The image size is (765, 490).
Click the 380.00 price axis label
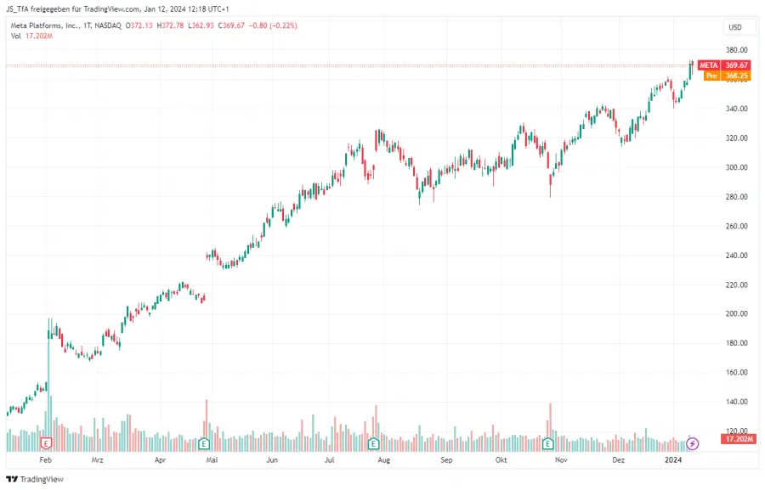coord(735,50)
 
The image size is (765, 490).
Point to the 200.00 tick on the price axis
coord(735,313)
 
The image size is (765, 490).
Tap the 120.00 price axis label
coord(735,431)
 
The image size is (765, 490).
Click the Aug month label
coord(383,459)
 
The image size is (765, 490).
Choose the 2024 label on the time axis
coord(674,459)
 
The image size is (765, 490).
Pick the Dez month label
coord(619,459)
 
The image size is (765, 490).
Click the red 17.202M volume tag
coord(735,439)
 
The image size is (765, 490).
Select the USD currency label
coord(735,27)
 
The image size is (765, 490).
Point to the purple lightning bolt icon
coord(693,443)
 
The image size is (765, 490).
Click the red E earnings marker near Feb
coord(48,443)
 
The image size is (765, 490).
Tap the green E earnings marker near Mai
coord(204,443)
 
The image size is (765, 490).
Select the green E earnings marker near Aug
coord(373,443)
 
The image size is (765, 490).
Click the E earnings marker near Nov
coord(548,443)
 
